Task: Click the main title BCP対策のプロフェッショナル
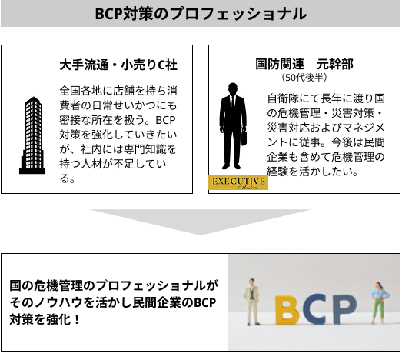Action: coord(201,14)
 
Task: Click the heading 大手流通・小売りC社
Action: coord(118,65)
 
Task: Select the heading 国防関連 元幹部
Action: coord(304,64)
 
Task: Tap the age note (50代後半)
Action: coord(304,78)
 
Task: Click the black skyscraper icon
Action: coord(32,135)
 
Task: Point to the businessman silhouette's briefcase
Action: coord(244,137)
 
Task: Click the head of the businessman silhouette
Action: coord(233,89)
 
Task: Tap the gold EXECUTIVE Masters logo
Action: coord(238,182)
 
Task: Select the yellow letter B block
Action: coord(287,310)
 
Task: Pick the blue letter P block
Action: coord(343,308)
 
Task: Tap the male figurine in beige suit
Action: coord(253,302)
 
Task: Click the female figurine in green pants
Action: coord(380,302)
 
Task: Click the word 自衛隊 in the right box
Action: coord(283,98)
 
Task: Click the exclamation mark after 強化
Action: coord(77,320)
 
